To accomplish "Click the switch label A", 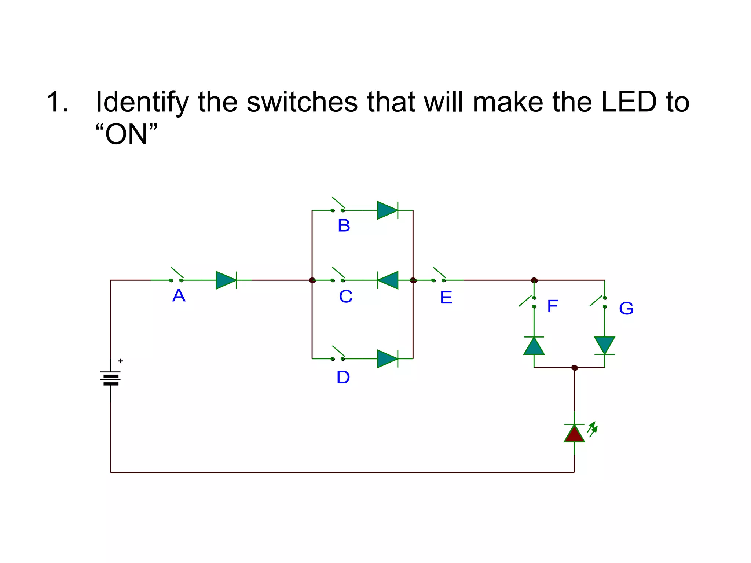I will (x=179, y=295).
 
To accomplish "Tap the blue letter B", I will (x=344, y=225).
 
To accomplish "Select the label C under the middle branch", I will (x=345, y=297).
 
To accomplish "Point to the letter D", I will (x=343, y=377).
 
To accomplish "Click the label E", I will (x=446, y=297).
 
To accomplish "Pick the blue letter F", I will (x=552, y=306).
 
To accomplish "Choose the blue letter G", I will (x=626, y=308).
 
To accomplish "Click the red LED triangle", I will (x=574, y=434).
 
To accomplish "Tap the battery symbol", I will (x=110, y=378).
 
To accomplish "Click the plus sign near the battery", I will (x=120, y=361).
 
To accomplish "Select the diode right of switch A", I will (x=226, y=280).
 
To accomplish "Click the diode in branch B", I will (x=388, y=210).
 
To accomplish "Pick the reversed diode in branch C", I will (x=388, y=280).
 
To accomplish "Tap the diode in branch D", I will (x=388, y=358).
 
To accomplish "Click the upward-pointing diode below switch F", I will (x=534, y=346).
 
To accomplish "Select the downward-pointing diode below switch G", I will (x=604, y=346).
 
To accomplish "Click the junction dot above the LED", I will (x=575, y=368).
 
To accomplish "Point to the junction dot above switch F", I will (x=534, y=280).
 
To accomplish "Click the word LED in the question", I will (x=629, y=102).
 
